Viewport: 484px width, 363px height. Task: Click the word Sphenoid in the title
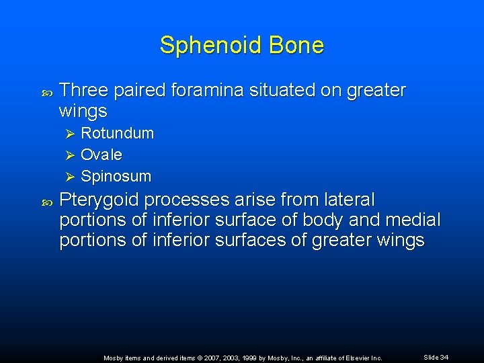[x=205, y=46]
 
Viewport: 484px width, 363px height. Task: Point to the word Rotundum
[x=117, y=133]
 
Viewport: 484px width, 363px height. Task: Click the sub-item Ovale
[x=101, y=155]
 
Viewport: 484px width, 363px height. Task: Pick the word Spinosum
[x=116, y=176]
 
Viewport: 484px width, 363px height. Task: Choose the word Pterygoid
[x=99, y=200]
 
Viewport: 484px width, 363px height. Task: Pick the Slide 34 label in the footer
[x=436, y=357]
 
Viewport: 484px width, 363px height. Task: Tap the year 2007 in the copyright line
[x=202, y=358]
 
